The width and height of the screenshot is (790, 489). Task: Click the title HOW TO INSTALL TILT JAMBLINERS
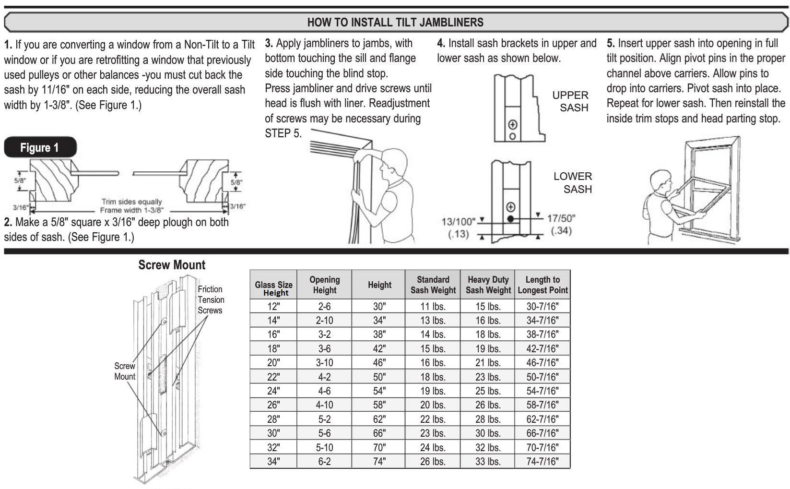pyautogui.click(x=395, y=22)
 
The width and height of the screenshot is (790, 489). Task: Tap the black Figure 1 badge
pyautogui.click(x=40, y=147)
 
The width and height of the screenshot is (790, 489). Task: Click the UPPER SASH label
pyautogui.click(x=570, y=101)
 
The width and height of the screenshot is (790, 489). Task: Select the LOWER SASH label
pyautogui.click(x=573, y=182)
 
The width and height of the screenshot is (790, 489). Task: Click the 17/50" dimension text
pyautogui.click(x=561, y=218)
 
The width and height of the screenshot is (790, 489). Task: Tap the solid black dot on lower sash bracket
pyautogui.click(x=511, y=219)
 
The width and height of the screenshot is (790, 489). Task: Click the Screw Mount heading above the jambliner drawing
pyautogui.click(x=171, y=265)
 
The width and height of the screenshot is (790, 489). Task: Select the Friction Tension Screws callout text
pyautogui.click(x=211, y=299)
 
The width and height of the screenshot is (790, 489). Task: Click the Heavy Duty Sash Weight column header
pyautogui.click(x=488, y=285)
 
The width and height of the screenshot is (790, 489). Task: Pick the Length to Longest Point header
pyautogui.click(x=542, y=285)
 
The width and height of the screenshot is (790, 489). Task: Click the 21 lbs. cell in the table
pyautogui.click(x=488, y=363)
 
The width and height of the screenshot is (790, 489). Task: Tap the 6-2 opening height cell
pyautogui.click(x=324, y=462)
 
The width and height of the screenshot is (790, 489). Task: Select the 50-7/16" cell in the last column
pyautogui.click(x=542, y=377)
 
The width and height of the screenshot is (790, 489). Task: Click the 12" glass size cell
pyautogui.click(x=273, y=306)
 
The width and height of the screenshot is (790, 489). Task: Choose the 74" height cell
pyautogui.click(x=379, y=462)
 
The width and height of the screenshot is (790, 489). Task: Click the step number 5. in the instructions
pyautogui.click(x=611, y=43)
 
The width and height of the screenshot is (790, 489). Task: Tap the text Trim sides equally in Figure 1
pyautogui.click(x=131, y=202)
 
